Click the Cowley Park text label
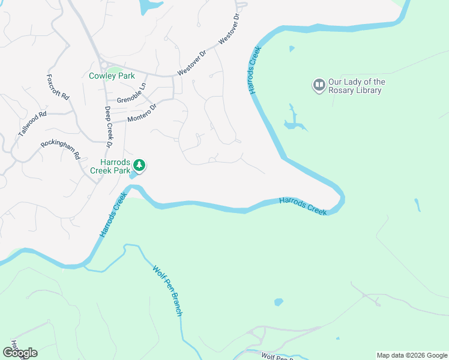[111, 76]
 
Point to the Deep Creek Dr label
[109, 127]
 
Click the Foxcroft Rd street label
[58, 88]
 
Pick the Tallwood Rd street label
[32, 124]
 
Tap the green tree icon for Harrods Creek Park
[139, 164]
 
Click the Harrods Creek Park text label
[110, 166]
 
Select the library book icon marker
[319, 85]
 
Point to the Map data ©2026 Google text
[412, 355]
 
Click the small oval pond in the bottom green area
[278, 302]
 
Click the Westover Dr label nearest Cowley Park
[191, 66]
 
